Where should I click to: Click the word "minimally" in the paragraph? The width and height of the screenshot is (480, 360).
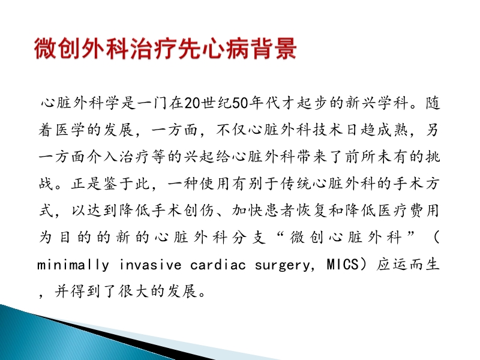(70, 265)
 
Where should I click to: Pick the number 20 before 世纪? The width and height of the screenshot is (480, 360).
(191, 103)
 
